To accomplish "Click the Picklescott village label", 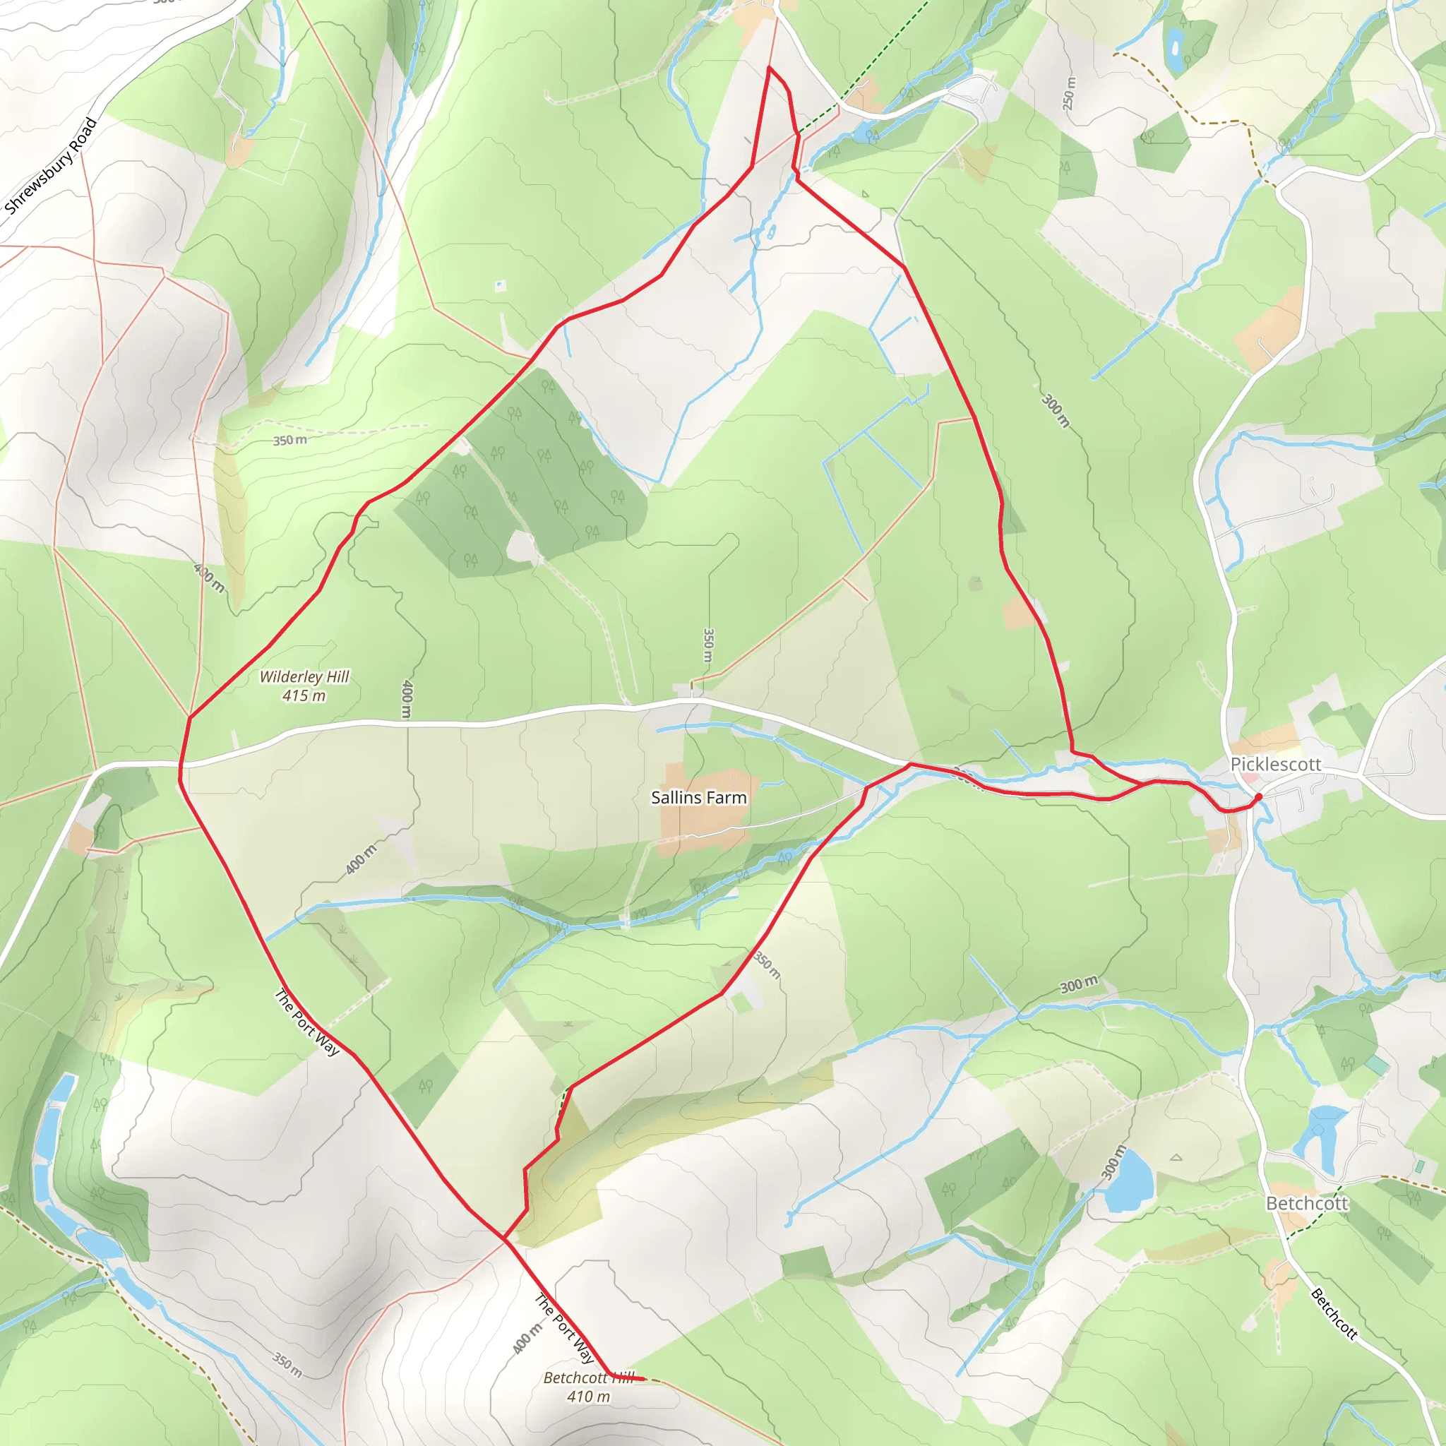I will click(1275, 764).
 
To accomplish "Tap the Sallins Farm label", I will click(698, 798).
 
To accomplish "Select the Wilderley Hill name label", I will click(304, 676).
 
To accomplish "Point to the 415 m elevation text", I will click(304, 696).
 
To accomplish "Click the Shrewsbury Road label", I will click(51, 165).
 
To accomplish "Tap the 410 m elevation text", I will click(588, 1397).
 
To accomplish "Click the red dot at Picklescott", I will click(1258, 797).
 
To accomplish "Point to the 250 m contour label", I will click(1069, 95).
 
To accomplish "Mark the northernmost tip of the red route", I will click(769, 68).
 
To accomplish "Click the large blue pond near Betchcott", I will click(1130, 1182).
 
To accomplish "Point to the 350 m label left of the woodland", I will click(289, 440).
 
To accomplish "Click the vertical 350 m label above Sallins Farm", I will click(708, 645).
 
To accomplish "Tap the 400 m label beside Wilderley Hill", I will click(407, 698).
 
